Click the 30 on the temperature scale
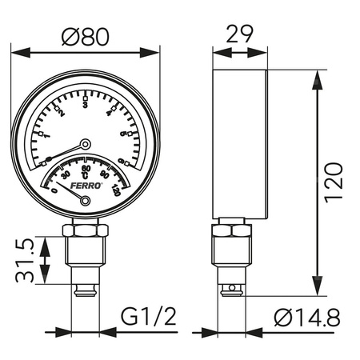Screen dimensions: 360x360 click(x=65, y=174)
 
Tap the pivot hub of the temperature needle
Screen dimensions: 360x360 click(x=86, y=202)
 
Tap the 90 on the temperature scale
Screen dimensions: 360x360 click(x=104, y=175)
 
